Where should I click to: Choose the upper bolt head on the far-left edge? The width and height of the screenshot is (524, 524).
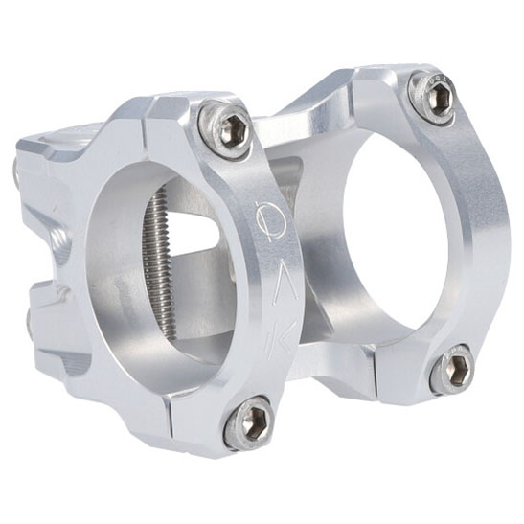(x=21, y=173)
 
